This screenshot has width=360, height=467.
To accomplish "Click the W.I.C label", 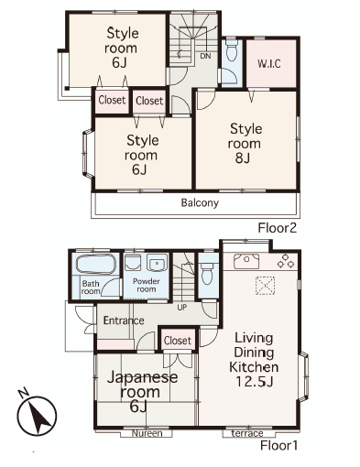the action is (269, 64).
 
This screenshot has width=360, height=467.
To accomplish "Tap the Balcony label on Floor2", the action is (200, 203).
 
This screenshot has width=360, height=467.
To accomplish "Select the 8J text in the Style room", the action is (243, 158).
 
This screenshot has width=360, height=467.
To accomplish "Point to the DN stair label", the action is (205, 56).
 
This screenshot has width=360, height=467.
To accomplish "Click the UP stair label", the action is (182, 308).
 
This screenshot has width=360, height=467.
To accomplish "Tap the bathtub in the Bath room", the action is (96, 264).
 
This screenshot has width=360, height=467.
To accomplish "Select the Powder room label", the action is (146, 285).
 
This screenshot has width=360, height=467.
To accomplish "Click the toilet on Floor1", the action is (207, 271).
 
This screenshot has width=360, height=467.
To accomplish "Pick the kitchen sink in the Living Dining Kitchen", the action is (246, 261).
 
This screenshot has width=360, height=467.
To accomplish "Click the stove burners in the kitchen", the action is (286, 261).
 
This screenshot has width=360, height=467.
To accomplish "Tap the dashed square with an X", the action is (265, 286).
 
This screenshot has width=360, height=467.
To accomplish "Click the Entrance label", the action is (124, 320).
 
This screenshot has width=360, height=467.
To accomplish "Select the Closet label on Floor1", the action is (178, 341).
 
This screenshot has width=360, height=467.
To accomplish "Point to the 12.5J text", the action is (254, 382).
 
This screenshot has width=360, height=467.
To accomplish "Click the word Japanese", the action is (143, 377).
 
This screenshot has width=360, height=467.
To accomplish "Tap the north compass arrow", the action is (37, 415).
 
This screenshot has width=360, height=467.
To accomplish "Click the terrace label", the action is (247, 433).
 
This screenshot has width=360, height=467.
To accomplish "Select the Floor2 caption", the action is (278, 228).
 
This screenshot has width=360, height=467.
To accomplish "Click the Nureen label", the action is (147, 433).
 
